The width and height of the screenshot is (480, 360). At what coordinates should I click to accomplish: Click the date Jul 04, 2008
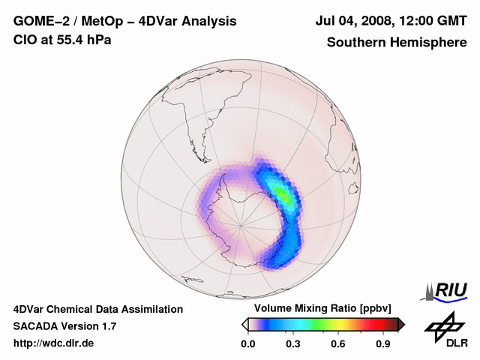[352, 22]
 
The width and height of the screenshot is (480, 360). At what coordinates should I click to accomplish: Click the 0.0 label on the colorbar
[248, 344]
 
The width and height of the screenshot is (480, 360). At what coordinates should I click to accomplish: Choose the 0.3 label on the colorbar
[293, 344]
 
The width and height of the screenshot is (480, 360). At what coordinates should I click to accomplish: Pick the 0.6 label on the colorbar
[338, 344]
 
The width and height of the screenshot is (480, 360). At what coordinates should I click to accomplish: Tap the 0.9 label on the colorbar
[383, 344]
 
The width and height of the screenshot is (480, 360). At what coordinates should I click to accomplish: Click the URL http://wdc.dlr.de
[54, 343]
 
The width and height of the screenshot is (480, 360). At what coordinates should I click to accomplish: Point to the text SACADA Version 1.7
[64, 326]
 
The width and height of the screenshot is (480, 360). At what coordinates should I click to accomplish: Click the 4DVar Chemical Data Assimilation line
[98, 309]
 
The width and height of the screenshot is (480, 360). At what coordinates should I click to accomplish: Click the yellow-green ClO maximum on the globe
[281, 193]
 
